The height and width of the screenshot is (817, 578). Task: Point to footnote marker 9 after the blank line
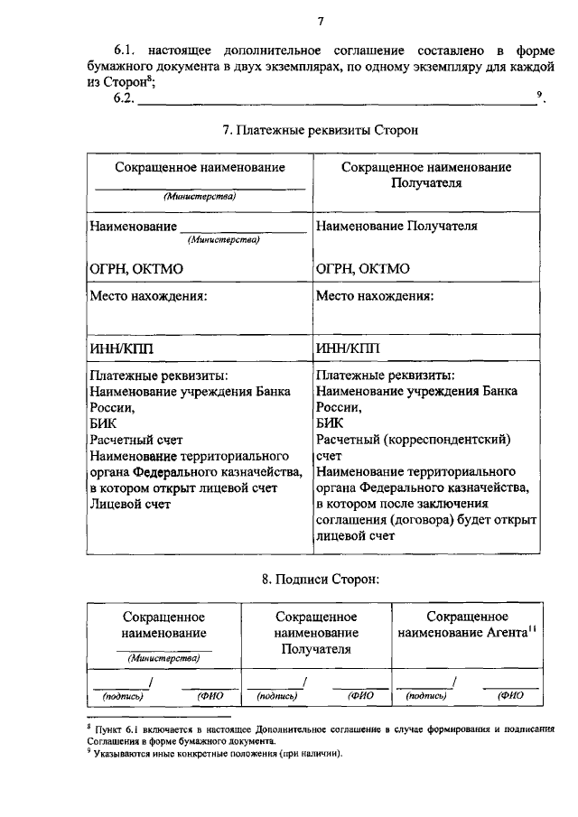coord(539,96)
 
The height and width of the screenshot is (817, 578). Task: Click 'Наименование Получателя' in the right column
coord(396,226)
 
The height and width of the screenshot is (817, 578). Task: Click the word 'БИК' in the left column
coord(103,422)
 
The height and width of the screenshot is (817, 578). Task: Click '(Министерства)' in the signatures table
coord(163,658)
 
